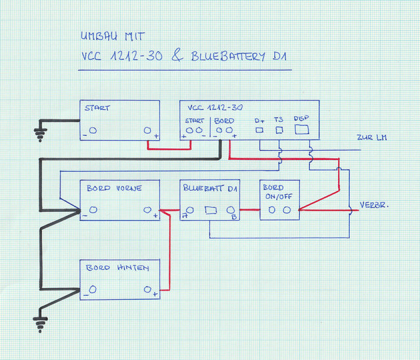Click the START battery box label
pyautogui.click(x=96, y=108)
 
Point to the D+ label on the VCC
pyautogui.click(x=259, y=120)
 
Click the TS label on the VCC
pyautogui.click(x=279, y=120)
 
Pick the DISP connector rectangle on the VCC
pyautogui.click(x=301, y=130)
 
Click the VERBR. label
pyautogui.click(x=375, y=205)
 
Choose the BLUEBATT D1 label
pyautogui.click(x=210, y=188)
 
